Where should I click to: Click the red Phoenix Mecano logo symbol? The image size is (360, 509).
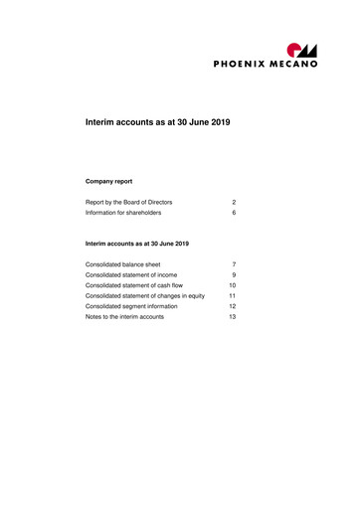coord(300,50)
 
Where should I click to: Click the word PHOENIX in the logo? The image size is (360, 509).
coord(246,66)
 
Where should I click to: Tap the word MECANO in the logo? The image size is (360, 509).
coord(298,66)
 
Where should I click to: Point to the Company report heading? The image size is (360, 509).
coord(109,181)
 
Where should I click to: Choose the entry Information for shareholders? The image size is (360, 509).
coord(123,213)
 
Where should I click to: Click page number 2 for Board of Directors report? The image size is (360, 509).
coord(233,201)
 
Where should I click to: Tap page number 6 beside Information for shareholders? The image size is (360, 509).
coord(233,213)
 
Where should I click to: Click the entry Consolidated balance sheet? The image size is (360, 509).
coord(123,264)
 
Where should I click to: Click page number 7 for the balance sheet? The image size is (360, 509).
coord(233,264)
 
